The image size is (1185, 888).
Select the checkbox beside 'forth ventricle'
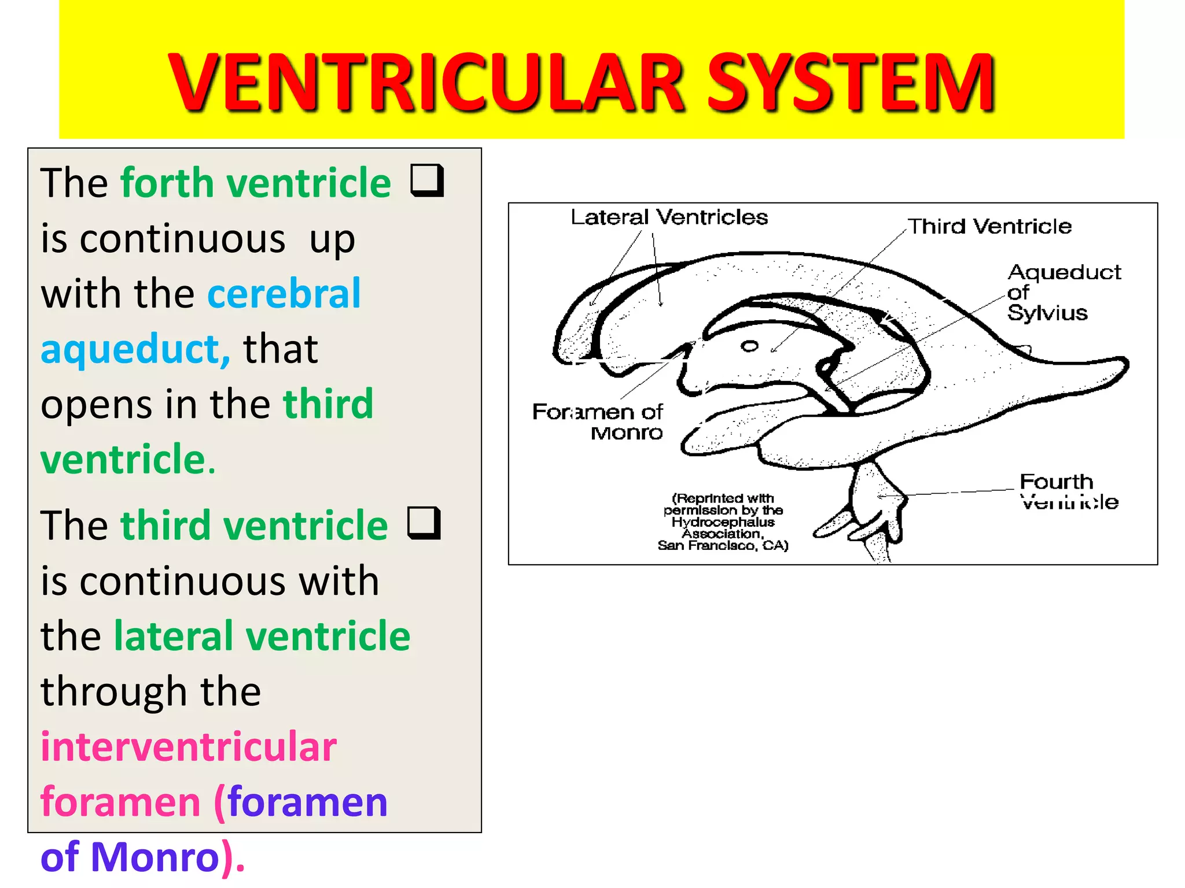pos(427,180)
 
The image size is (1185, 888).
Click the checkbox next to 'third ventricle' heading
pos(424,523)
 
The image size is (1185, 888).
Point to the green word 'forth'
pos(167,183)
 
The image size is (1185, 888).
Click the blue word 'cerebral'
pos(284,294)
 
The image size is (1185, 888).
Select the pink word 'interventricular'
pos(189,746)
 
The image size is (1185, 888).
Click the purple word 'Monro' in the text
pos(155,857)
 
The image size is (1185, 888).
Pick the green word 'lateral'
pos(174,636)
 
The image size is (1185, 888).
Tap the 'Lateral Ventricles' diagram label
pos(669,217)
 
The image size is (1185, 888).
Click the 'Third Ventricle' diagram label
pos(989,226)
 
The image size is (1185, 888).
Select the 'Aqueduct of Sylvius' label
pos(1063,292)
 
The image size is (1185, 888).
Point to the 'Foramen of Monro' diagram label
pos(597,421)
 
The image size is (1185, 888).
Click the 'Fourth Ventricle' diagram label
pos(1068,491)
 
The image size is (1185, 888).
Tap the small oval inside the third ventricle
pos(749,346)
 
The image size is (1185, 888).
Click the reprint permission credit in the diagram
pos(723,521)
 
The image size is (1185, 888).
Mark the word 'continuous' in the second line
pos(182,238)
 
